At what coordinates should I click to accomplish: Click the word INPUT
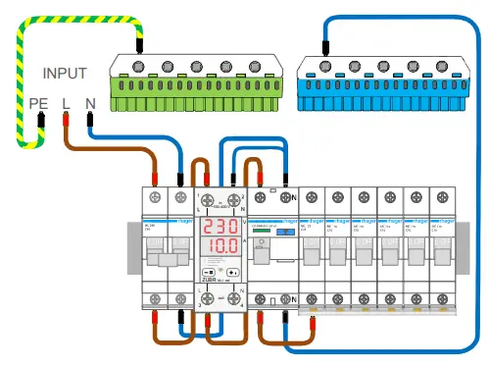[65, 73]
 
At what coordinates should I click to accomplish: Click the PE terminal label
[38, 102]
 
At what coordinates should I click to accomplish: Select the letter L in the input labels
[66, 102]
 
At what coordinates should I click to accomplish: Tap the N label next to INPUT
[90, 102]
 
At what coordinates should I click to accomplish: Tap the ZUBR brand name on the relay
[210, 279]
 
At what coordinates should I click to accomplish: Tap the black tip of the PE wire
[41, 122]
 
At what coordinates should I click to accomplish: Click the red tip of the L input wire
[66, 122]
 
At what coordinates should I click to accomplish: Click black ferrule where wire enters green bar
[142, 43]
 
